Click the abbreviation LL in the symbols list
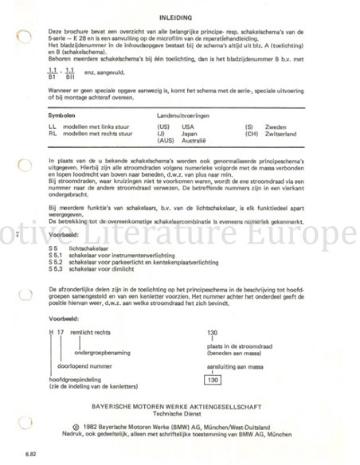(52, 127)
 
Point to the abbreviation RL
(52, 134)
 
